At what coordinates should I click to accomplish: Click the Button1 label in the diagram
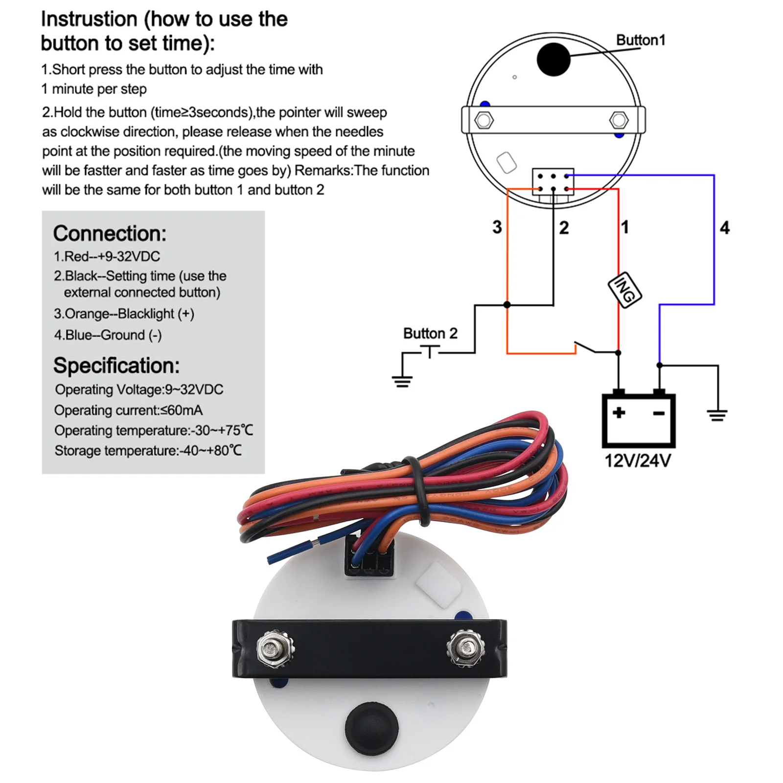click(640, 40)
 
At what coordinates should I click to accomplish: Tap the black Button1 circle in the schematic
click(553, 59)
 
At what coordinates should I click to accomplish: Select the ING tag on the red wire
click(624, 290)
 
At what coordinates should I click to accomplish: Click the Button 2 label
click(430, 333)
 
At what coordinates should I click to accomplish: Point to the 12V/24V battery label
click(638, 461)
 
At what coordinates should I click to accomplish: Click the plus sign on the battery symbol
click(619, 413)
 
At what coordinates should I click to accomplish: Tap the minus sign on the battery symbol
click(659, 414)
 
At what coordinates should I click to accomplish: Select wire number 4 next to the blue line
click(724, 228)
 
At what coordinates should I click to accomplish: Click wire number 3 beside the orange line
click(497, 227)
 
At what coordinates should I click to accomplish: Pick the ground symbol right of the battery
click(717, 415)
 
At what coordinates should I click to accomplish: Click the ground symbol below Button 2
click(402, 380)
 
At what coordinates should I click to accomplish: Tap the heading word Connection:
click(110, 233)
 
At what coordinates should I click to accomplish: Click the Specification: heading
click(116, 366)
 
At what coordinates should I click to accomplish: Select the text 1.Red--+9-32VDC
click(107, 256)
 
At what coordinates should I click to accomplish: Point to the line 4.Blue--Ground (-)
click(108, 335)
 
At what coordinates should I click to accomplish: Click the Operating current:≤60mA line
click(128, 410)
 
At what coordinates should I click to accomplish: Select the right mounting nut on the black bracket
click(465, 648)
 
